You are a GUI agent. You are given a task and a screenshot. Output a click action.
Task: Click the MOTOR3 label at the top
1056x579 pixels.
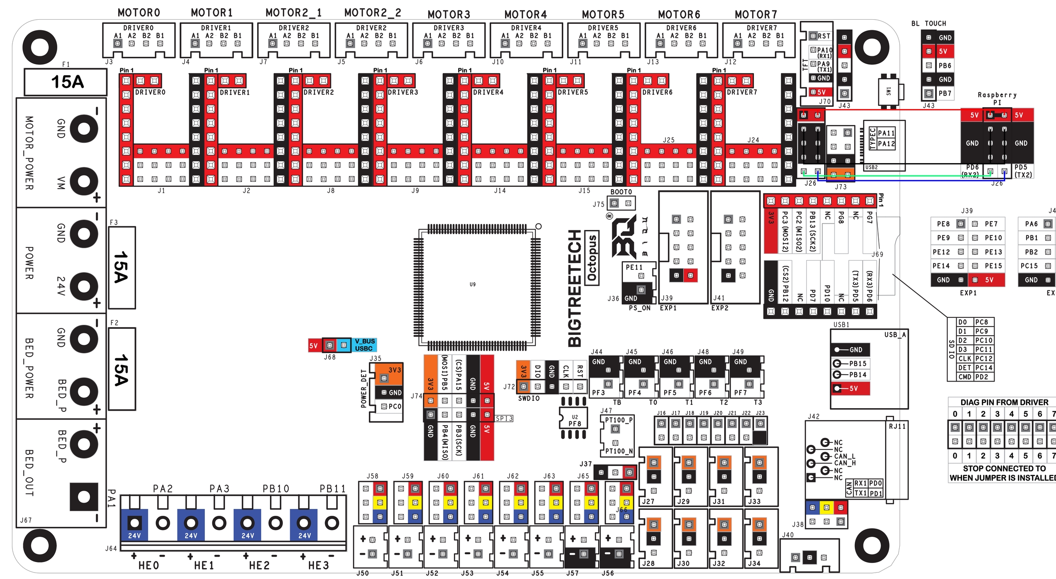pos(449,15)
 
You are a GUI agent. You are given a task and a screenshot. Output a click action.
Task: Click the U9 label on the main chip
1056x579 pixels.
pos(473,284)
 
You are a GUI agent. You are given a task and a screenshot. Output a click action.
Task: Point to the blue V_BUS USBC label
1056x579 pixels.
pos(364,345)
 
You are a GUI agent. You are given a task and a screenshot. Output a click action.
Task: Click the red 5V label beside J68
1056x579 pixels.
pos(313,346)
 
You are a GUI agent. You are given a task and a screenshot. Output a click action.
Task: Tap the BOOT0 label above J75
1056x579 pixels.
pos(621,192)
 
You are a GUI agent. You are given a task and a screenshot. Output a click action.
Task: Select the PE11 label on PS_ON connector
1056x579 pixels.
pos(634,267)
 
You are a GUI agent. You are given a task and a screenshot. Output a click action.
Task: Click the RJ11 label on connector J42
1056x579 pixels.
pos(897,426)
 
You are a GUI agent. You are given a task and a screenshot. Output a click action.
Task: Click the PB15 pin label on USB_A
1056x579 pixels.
pos(857,363)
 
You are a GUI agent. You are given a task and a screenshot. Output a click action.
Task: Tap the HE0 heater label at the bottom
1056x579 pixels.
pos(148,566)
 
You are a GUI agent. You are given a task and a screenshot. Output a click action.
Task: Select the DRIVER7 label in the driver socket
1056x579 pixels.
pos(742,93)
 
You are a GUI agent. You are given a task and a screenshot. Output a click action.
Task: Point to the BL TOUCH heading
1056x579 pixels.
pos(929,23)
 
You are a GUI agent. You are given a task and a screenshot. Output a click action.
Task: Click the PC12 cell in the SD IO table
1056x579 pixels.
pos(984,359)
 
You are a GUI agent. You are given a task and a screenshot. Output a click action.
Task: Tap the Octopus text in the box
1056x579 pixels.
pos(592,258)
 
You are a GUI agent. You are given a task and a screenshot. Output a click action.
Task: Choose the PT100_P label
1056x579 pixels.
pos(618,420)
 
